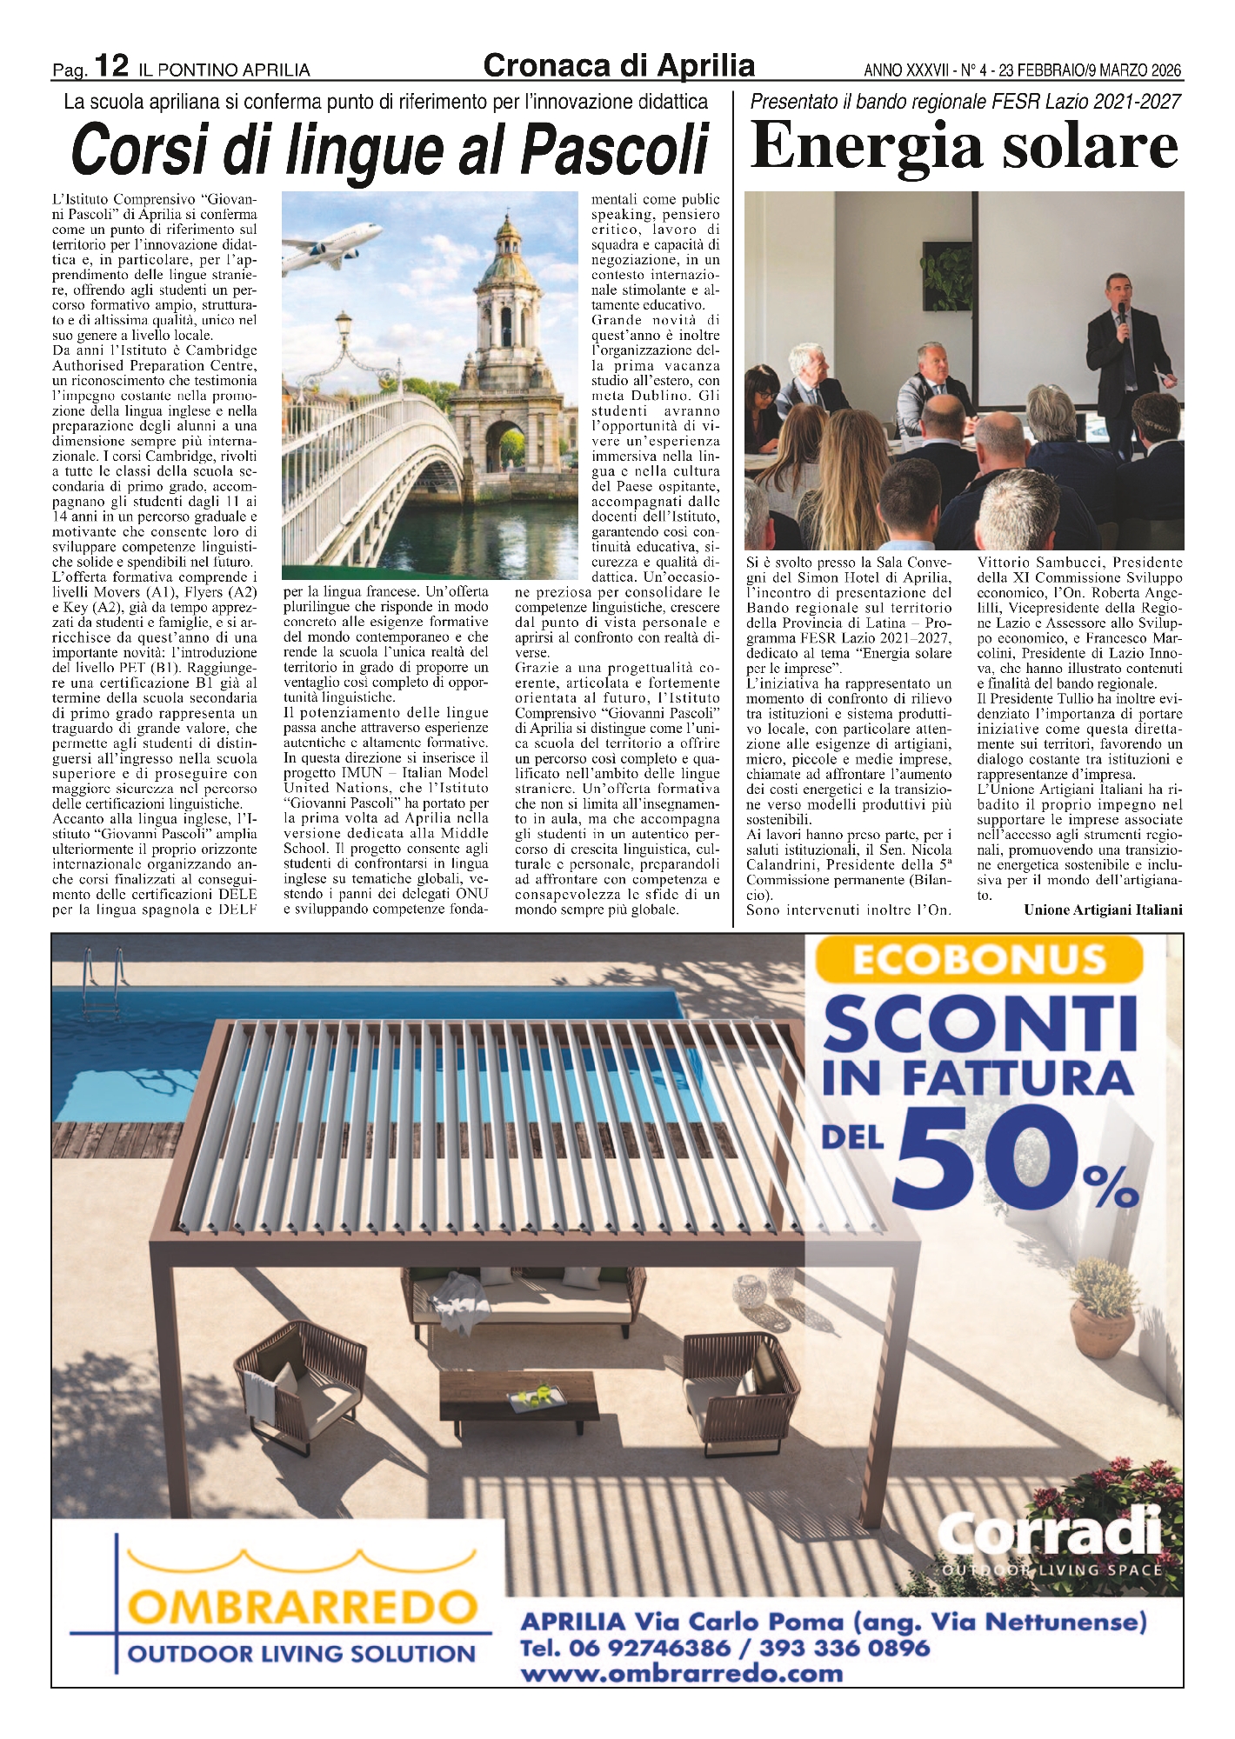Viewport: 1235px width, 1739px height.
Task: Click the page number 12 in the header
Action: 111,66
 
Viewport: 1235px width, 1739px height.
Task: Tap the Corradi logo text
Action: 1051,1534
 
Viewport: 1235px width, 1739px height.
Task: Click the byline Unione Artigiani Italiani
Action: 1103,910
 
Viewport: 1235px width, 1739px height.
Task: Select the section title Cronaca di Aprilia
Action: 618,66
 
